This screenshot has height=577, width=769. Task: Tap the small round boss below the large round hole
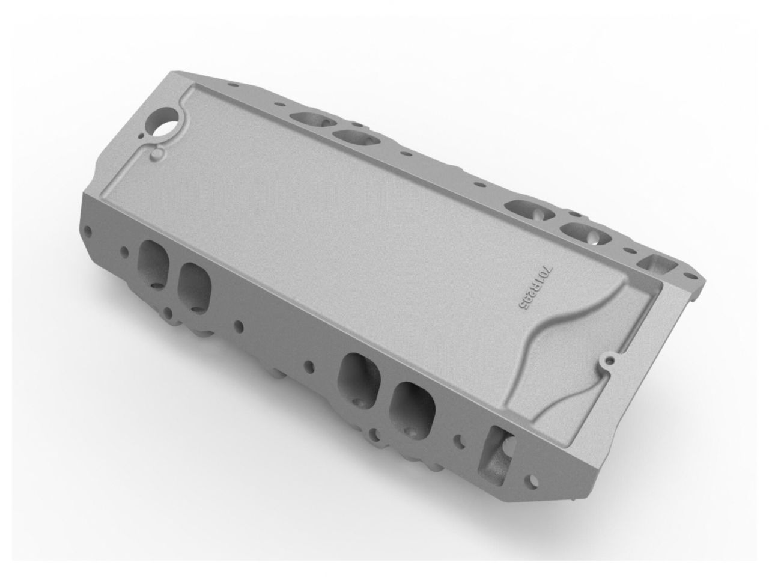157,155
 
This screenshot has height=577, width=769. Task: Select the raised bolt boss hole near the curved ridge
610,361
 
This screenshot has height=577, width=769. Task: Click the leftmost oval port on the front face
151,262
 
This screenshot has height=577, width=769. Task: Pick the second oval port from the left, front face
195,285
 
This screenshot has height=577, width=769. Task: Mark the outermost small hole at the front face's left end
88,229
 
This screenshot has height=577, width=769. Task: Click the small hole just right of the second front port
240,326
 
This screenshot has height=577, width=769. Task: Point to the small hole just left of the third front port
310,365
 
